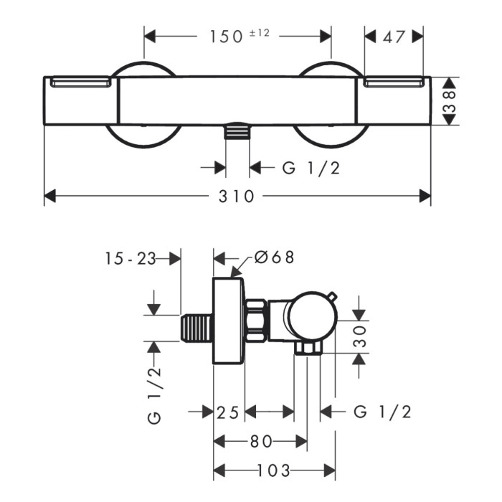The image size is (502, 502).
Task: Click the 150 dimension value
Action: [x=226, y=37]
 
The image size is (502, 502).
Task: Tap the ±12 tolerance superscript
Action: [x=260, y=33]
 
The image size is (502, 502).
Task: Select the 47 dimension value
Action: [x=394, y=37]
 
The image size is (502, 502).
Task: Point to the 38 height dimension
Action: [x=450, y=101]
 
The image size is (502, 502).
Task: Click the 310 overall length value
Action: [x=236, y=196]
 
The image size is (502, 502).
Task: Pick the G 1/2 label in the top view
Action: [x=311, y=167]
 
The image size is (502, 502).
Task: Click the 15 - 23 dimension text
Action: [x=131, y=258]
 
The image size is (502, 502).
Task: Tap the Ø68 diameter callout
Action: [x=274, y=257]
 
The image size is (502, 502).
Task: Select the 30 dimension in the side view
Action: [x=360, y=336]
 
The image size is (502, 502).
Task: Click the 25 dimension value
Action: [x=228, y=412]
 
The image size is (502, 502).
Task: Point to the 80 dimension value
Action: [x=261, y=442]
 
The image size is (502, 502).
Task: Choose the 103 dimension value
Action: [x=274, y=470]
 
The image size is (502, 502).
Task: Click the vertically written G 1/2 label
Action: [x=155, y=396]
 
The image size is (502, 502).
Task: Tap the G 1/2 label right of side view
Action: [x=382, y=412]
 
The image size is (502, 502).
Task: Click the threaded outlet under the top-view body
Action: [x=237, y=131]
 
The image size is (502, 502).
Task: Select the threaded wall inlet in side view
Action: [x=196, y=328]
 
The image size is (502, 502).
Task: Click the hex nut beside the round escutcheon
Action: [x=256, y=319]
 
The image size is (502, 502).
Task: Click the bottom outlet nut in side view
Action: [x=308, y=348]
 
